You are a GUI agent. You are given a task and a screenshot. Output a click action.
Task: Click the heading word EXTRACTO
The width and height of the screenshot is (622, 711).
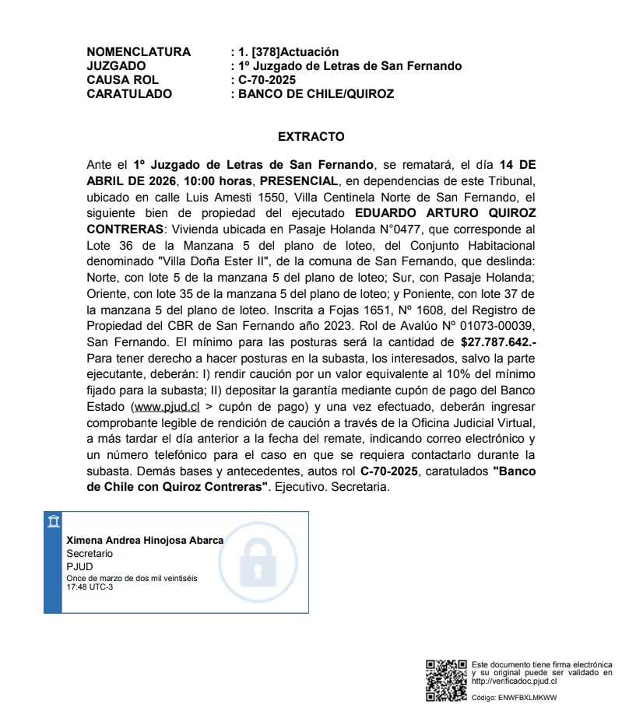click(x=311, y=137)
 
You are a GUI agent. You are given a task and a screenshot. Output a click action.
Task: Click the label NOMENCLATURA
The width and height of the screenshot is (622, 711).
click(x=139, y=52)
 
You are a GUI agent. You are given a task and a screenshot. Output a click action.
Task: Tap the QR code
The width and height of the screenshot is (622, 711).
click(x=446, y=680)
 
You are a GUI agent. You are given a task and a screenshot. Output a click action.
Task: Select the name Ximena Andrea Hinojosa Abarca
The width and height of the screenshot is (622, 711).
click(x=145, y=541)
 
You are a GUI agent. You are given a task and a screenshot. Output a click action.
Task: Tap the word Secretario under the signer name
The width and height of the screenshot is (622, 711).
click(x=90, y=553)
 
